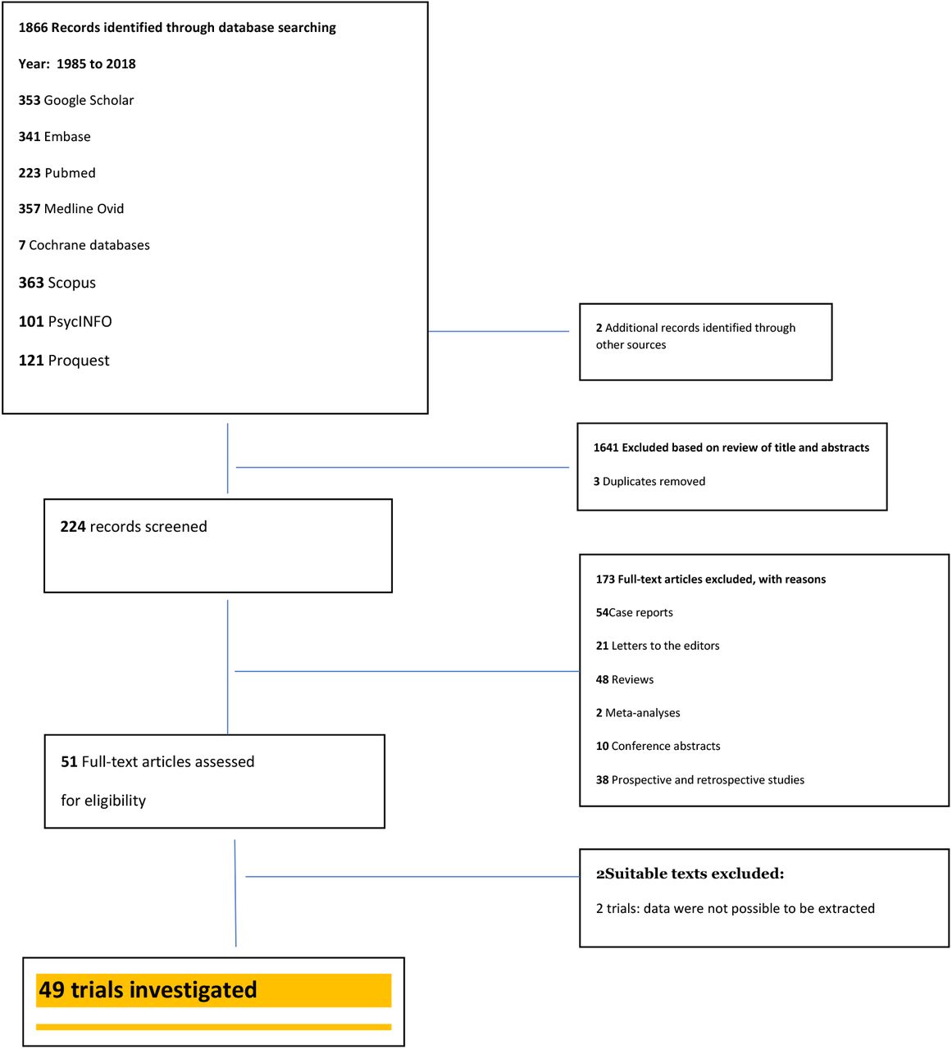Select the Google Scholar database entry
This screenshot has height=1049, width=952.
pyautogui.click(x=76, y=100)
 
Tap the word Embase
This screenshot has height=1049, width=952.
pyautogui.click(x=67, y=137)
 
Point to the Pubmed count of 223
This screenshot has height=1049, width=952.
pyautogui.click(x=30, y=173)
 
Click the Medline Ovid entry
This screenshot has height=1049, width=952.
pyautogui.click(x=71, y=209)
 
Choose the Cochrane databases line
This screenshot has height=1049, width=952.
pyautogui.click(x=84, y=245)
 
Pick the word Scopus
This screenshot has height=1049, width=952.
pyautogui.click(x=71, y=283)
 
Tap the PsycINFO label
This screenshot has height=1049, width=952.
pyautogui.click(x=80, y=321)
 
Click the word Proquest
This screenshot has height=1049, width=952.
pyautogui.click(x=79, y=361)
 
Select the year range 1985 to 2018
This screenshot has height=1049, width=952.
pyautogui.click(x=96, y=64)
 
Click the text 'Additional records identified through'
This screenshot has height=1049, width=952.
pyautogui.click(x=700, y=327)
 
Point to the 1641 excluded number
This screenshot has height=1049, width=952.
pyautogui.click(x=606, y=447)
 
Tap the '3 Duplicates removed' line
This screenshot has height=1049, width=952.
pyautogui.click(x=649, y=481)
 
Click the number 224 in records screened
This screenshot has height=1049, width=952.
pyautogui.click(x=73, y=526)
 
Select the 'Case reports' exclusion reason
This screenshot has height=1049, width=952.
pyautogui.click(x=641, y=612)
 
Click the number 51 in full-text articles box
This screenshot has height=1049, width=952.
pyautogui.click(x=69, y=762)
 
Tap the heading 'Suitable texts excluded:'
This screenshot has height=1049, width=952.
pyautogui.click(x=695, y=874)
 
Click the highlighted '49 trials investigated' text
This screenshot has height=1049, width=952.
pyautogui.click(x=148, y=990)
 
